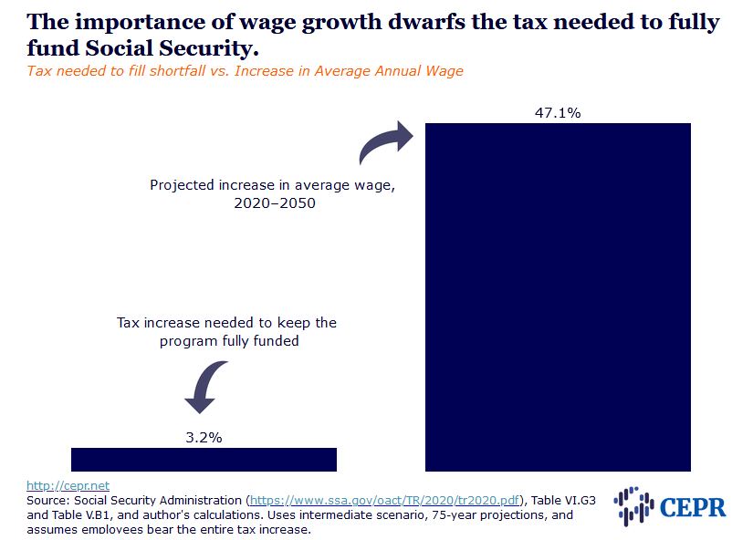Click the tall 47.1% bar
click(x=557, y=296)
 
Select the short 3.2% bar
click(x=204, y=459)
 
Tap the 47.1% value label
click(x=557, y=112)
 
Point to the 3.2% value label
click(x=204, y=437)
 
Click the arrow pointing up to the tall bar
click(x=386, y=144)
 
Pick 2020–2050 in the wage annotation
click(x=275, y=202)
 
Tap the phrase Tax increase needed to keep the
click(x=226, y=323)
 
